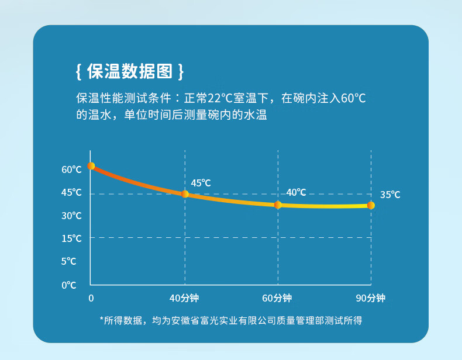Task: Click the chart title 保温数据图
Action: [x=130, y=71]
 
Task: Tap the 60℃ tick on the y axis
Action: [x=72, y=169]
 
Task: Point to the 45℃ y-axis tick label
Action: [x=72, y=192]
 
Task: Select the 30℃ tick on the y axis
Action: [x=72, y=216]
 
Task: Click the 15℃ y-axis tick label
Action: [x=72, y=238]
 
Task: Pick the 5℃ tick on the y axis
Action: [x=69, y=261]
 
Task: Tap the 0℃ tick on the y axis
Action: [x=69, y=285]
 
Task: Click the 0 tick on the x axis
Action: [x=91, y=298]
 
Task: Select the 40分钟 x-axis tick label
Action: [x=184, y=298]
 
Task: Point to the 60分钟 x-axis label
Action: [x=277, y=298]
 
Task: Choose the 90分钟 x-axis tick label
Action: [x=371, y=298]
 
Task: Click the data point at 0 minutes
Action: [x=91, y=166]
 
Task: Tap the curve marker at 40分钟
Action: [x=185, y=194]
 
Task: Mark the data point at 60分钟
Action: [x=278, y=205]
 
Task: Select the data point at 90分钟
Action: [x=371, y=206]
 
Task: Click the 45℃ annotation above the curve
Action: [x=201, y=183]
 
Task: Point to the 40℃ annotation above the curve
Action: [x=296, y=192]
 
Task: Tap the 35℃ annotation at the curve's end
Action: [x=390, y=195]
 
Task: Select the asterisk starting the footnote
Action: [x=102, y=319]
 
